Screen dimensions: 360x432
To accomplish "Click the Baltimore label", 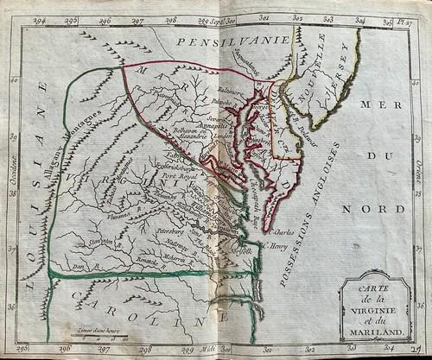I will pos(230,88).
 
